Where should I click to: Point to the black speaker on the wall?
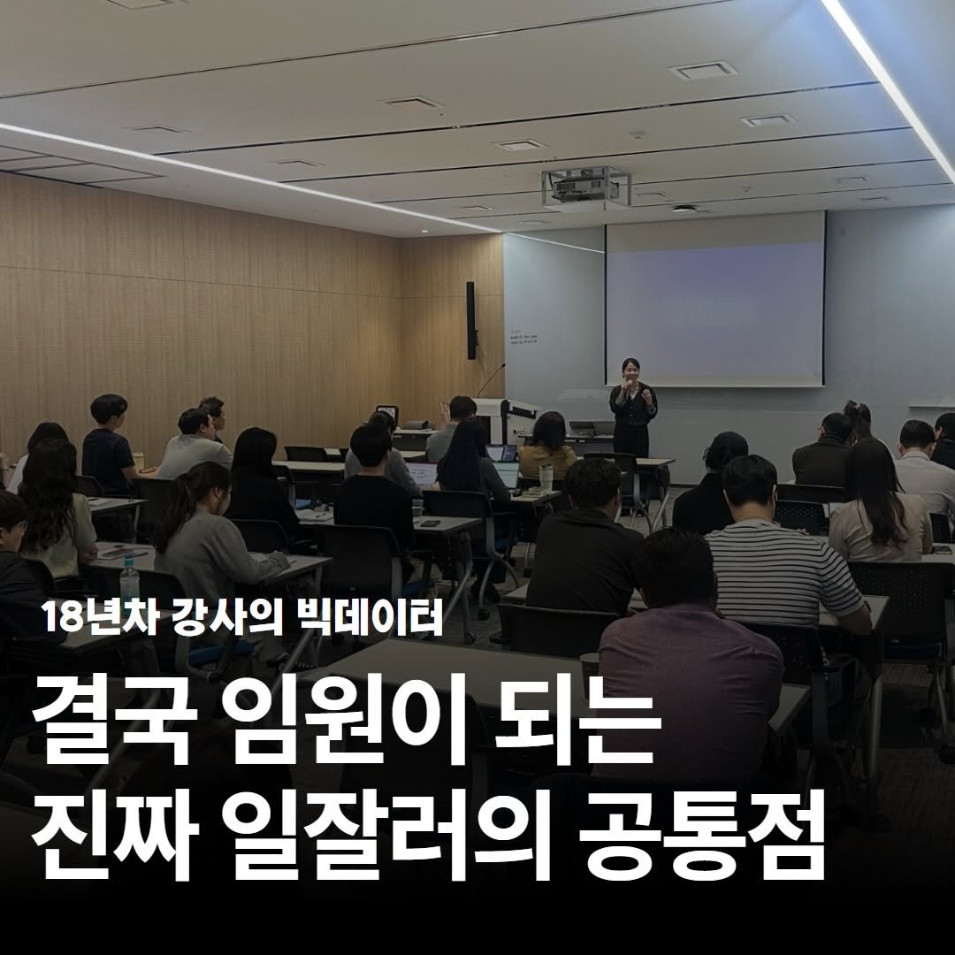[471, 320]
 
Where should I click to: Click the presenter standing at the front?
[633, 407]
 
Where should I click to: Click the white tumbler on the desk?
[546, 478]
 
